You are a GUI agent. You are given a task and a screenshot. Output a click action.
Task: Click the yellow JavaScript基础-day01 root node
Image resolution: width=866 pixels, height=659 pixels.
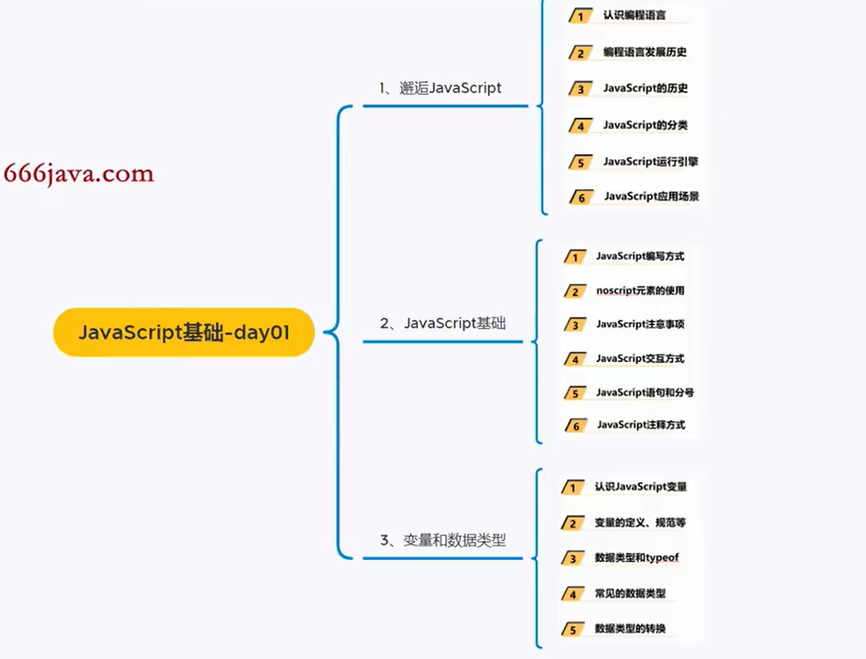click(x=184, y=332)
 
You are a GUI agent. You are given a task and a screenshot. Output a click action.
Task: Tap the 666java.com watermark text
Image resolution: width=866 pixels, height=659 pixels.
click(x=78, y=174)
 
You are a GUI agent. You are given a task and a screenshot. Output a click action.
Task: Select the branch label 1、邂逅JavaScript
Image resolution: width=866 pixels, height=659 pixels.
click(x=440, y=88)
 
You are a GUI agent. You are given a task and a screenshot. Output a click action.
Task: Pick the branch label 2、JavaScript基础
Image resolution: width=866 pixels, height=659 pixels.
click(x=443, y=323)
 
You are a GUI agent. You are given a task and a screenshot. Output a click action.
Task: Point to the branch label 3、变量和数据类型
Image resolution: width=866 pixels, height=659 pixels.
click(x=443, y=541)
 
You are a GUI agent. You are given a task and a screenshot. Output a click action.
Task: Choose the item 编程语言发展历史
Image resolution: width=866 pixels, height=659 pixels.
click(x=645, y=52)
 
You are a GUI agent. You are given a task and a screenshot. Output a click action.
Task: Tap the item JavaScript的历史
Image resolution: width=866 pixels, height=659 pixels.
click(x=645, y=88)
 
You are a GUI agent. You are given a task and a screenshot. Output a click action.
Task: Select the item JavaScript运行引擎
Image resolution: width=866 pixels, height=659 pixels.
click(x=650, y=161)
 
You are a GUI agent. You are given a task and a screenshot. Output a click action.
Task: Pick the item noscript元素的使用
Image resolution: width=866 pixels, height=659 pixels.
click(x=640, y=290)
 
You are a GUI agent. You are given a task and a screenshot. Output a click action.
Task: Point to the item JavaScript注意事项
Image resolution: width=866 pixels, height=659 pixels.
click(x=640, y=324)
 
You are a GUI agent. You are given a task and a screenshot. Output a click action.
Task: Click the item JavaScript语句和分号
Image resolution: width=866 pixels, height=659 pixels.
click(x=645, y=392)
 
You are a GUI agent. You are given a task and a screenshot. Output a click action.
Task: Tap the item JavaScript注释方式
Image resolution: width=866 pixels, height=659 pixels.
click(x=641, y=424)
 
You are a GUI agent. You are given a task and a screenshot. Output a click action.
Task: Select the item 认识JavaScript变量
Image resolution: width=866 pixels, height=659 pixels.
click(x=640, y=487)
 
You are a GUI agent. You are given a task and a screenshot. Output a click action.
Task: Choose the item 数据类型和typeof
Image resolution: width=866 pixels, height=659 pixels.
click(x=636, y=558)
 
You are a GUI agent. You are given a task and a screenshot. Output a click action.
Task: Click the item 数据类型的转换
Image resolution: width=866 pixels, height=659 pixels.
click(x=630, y=629)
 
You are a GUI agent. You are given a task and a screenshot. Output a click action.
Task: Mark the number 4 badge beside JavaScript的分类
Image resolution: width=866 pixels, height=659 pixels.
click(x=580, y=126)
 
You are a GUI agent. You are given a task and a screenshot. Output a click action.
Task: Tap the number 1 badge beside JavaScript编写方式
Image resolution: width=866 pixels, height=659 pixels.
click(x=576, y=257)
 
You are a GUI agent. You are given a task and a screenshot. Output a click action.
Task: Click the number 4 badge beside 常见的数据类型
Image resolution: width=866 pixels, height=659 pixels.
click(x=573, y=594)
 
